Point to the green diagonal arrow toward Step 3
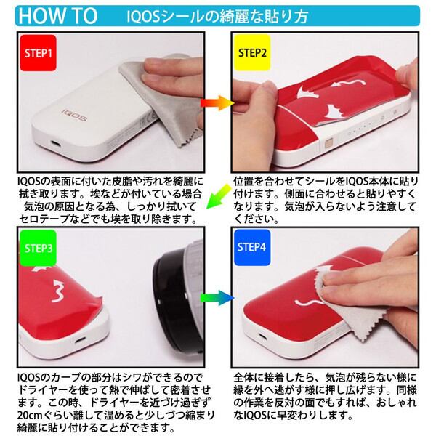(216, 201)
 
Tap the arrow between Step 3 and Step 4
(217, 298)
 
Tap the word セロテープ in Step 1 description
(41, 218)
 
